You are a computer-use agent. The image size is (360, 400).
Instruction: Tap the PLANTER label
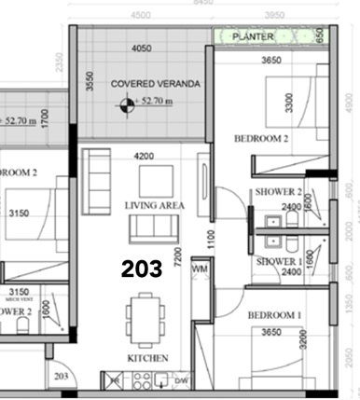click(x=254, y=36)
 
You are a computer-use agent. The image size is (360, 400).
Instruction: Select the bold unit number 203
click(x=143, y=269)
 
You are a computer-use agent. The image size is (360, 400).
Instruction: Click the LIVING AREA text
click(x=155, y=205)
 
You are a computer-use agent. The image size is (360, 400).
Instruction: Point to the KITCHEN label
click(x=148, y=357)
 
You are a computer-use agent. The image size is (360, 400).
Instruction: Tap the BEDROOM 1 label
click(x=273, y=316)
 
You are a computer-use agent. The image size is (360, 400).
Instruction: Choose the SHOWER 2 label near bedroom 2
click(x=278, y=193)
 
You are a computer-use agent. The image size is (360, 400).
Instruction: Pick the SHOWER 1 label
click(x=278, y=261)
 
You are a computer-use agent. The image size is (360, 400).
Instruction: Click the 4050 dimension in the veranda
click(x=142, y=48)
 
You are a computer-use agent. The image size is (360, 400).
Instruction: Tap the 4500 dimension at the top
click(x=140, y=15)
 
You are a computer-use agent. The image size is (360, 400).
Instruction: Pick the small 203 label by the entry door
click(x=62, y=376)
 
